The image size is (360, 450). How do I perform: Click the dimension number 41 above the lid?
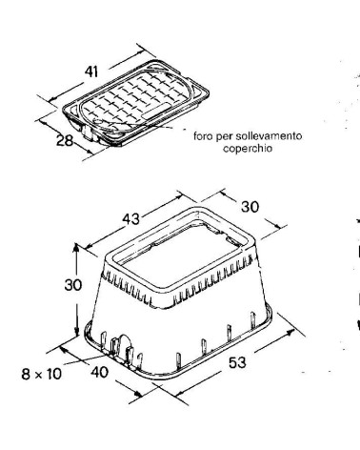tap(91, 72)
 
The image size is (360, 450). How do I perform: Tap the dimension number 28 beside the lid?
tap(65, 140)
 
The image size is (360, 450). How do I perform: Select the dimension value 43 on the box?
tap(130, 218)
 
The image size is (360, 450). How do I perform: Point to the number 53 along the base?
tap(237, 362)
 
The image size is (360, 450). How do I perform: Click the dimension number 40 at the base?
tap(99, 372)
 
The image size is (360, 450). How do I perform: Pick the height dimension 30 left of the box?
tap(73, 285)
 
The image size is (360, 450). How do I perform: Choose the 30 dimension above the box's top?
tap(250, 207)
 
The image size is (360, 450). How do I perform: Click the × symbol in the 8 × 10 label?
tap(38, 376)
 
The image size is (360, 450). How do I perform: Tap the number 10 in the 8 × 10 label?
tap(52, 374)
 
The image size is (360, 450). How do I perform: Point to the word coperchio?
tap(248, 149)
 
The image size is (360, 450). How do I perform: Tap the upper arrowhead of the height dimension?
tap(76, 247)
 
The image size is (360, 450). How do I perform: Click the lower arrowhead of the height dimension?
tap(76, 332)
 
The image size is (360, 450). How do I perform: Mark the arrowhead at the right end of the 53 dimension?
tap(289, 333)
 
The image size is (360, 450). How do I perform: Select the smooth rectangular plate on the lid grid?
tap(154, 112)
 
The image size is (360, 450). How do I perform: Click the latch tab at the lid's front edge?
tap(88, 133)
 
